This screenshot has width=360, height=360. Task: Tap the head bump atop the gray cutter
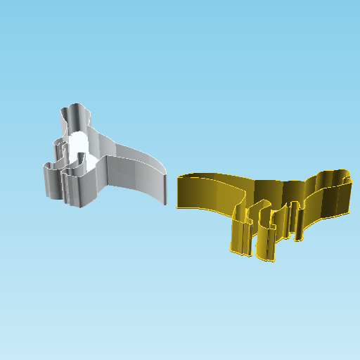coord(75,112)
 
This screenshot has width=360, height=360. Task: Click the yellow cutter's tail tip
coord(180,193)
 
